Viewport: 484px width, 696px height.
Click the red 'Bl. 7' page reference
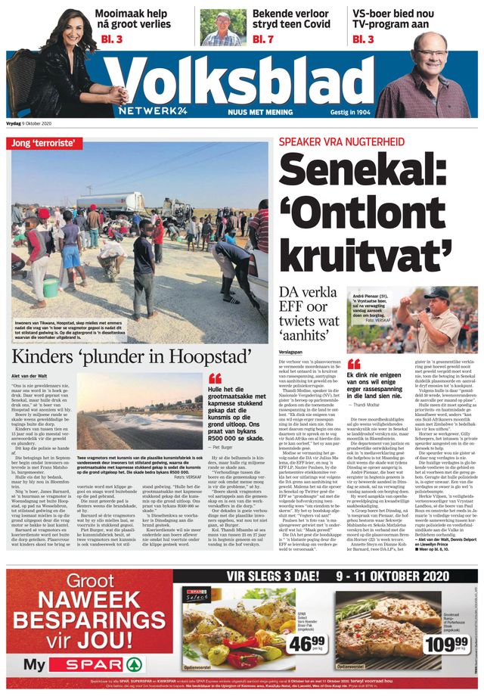[x=262, y=39]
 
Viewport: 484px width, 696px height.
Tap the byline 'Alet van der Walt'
[x=31, y=375]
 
